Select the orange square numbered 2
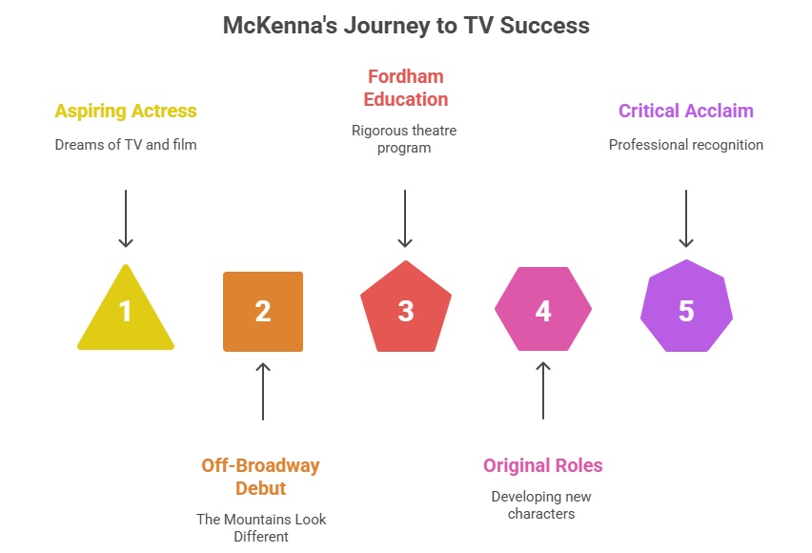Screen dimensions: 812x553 point(263,312)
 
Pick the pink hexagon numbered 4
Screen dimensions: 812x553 point(543,309)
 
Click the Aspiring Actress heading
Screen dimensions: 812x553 point(126,111)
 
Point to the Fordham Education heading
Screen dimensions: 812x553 point(406,88)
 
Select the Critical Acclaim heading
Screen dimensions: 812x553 point(686,111)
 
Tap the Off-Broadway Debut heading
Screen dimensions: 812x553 point(260,477)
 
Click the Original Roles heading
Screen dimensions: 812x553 point(542,465)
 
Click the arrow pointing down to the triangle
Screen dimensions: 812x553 point(126,218)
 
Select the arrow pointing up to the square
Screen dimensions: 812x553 point(263,391)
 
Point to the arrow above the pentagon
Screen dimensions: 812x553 point(405,218)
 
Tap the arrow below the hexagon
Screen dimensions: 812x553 point(543,391)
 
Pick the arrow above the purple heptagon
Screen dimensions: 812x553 point(686,218)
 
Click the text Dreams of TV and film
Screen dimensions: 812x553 point(126,145)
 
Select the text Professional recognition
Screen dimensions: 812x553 point(686,145)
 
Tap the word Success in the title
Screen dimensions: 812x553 point(545,26)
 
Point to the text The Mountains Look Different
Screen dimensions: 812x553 point(261,527)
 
